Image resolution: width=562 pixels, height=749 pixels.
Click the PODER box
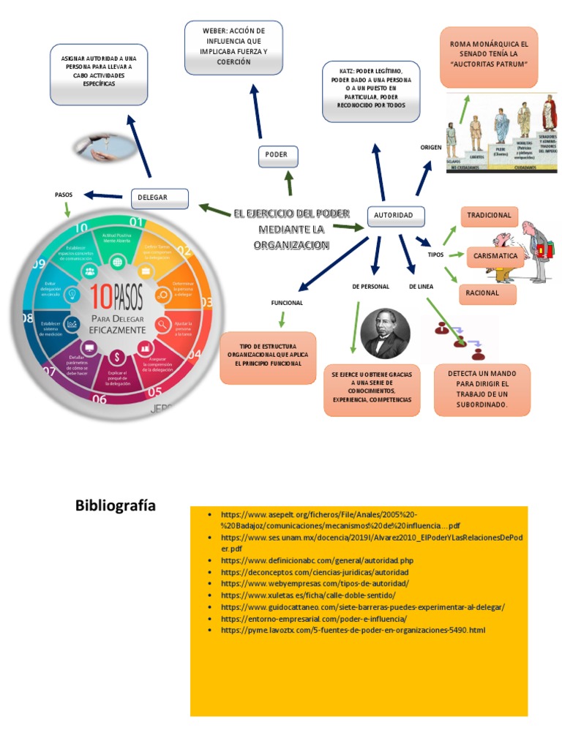click(277, 155)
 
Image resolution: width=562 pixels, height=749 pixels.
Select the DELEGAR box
click(159, 197)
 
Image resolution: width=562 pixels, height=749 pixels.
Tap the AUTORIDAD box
click(394, 215)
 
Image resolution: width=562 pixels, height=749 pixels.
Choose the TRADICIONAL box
click(489, 217)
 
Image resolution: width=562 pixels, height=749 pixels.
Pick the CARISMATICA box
click(495, 256)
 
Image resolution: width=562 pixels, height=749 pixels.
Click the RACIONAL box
click(487, 293)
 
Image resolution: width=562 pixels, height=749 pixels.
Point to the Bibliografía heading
click(116, 506)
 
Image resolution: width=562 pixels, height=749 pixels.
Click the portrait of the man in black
click(386, 334)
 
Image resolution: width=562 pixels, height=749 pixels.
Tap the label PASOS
click(64, 195)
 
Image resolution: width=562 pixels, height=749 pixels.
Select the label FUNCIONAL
click(287, 303)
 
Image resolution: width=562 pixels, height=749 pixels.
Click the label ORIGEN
click(431, 148)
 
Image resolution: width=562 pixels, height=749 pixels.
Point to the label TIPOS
click(435, 255)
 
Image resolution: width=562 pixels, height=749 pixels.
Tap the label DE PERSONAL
click(370, 287)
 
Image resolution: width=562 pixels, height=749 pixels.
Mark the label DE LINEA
click(422, 287)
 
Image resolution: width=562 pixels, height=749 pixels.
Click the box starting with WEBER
click(233, 48)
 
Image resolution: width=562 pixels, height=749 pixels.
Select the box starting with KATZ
click(372, 92)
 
